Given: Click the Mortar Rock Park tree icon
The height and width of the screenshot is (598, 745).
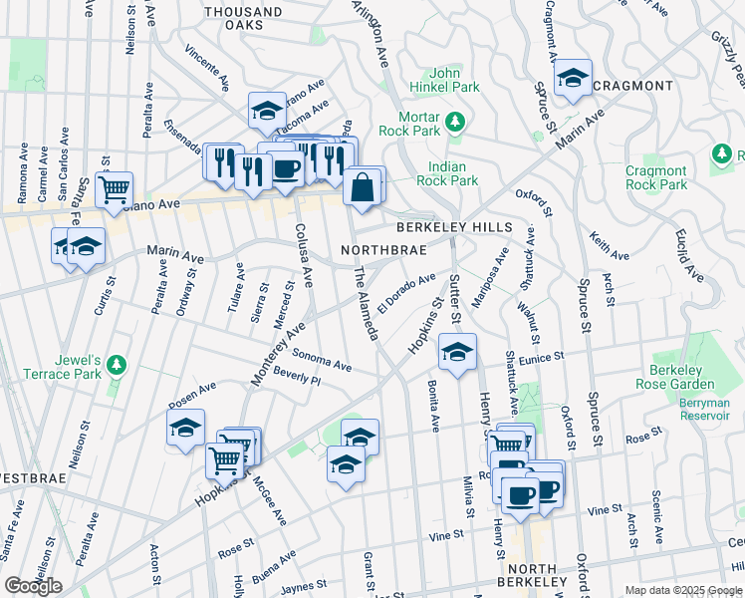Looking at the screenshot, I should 456,121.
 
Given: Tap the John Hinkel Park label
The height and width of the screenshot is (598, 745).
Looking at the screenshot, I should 453,80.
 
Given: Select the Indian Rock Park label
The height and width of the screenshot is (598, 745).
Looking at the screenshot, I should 453,174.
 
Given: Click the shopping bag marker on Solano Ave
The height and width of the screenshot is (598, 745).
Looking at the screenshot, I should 364,185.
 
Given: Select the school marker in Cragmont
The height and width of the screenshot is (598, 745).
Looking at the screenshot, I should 573,78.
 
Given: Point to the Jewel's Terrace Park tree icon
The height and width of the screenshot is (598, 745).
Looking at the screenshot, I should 118,364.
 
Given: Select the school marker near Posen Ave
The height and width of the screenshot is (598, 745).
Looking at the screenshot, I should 185,429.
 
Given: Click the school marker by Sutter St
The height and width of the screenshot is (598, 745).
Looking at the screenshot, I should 458,352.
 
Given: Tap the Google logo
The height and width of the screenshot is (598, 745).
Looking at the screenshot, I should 34,586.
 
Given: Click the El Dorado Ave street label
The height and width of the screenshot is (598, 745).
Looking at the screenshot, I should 406,291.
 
